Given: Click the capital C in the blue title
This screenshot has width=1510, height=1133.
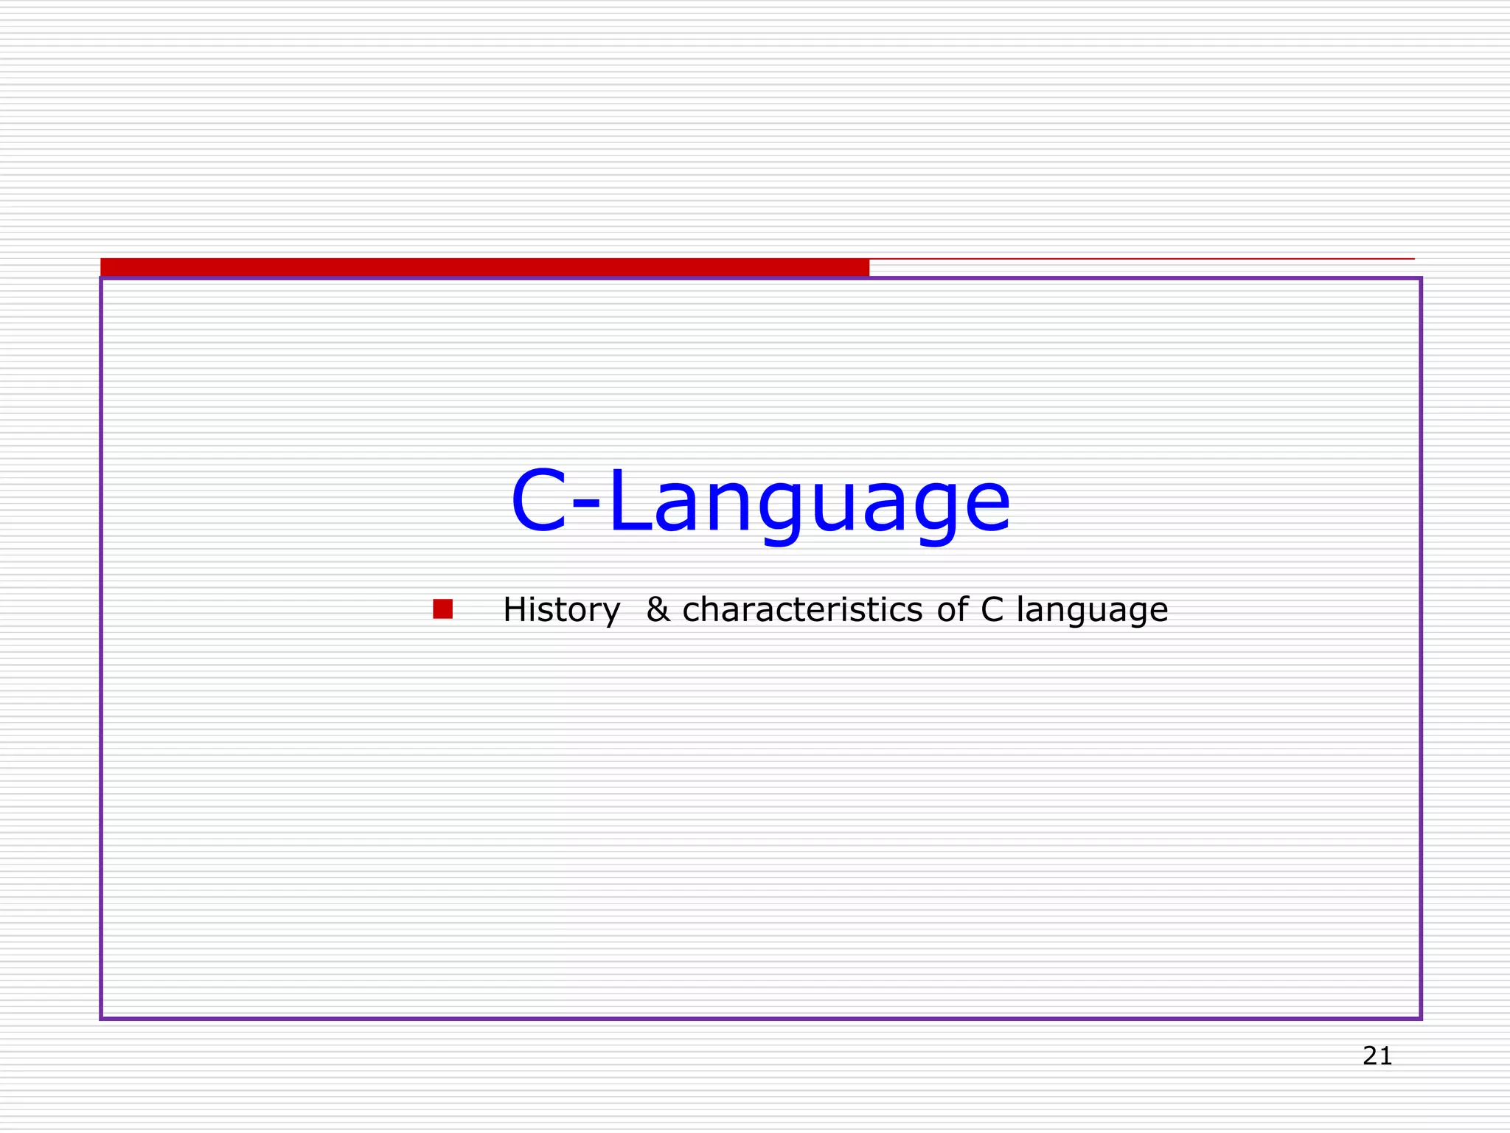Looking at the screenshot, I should [539, 502].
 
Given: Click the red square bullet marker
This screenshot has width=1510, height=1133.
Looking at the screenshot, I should [442, 609].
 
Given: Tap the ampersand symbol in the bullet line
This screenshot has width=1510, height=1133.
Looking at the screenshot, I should [658, 610].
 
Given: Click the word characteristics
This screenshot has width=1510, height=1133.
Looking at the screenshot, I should [802, 610].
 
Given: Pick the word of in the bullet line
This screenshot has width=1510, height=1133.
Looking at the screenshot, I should [952, 610].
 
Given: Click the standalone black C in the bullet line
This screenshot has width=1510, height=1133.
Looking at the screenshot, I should [992, 610].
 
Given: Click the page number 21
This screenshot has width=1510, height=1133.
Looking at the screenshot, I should [1377, 1056].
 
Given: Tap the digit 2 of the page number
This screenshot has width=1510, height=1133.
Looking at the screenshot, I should [1370, 1056].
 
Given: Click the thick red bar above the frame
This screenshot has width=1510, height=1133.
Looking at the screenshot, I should [484, 266].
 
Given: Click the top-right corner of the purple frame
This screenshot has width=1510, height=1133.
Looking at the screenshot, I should [1420, 279].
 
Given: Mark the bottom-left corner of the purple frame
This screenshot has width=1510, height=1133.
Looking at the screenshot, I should [102, 1019].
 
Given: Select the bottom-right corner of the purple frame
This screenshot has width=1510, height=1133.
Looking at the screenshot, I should [1420, 1019].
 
